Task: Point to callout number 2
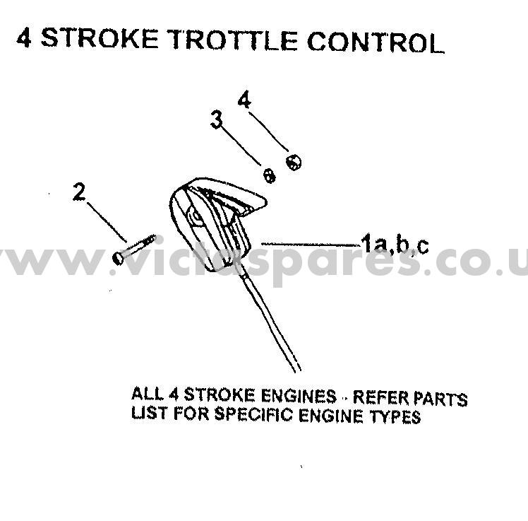tap(80, 192)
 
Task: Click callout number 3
tap(217, 119)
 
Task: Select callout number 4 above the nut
tap(244, 101)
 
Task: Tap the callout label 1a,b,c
tap(395, 245)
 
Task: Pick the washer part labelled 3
tap(269, 175)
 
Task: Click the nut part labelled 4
tap(293, 162)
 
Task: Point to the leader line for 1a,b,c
tap(311, 244)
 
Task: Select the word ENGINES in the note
tap(301, 397)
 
